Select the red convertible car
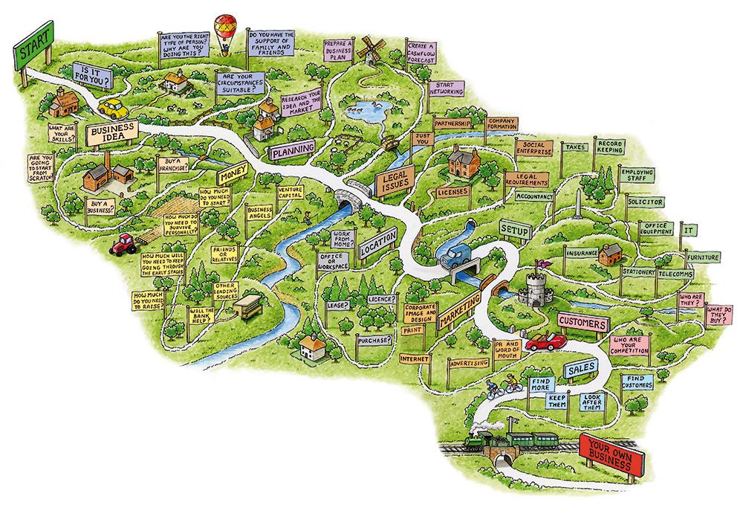pos(545,341)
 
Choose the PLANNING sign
pos(293,151)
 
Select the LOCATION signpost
pos(377,245)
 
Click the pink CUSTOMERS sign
pos(583,322)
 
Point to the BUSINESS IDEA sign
pos(111,134)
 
